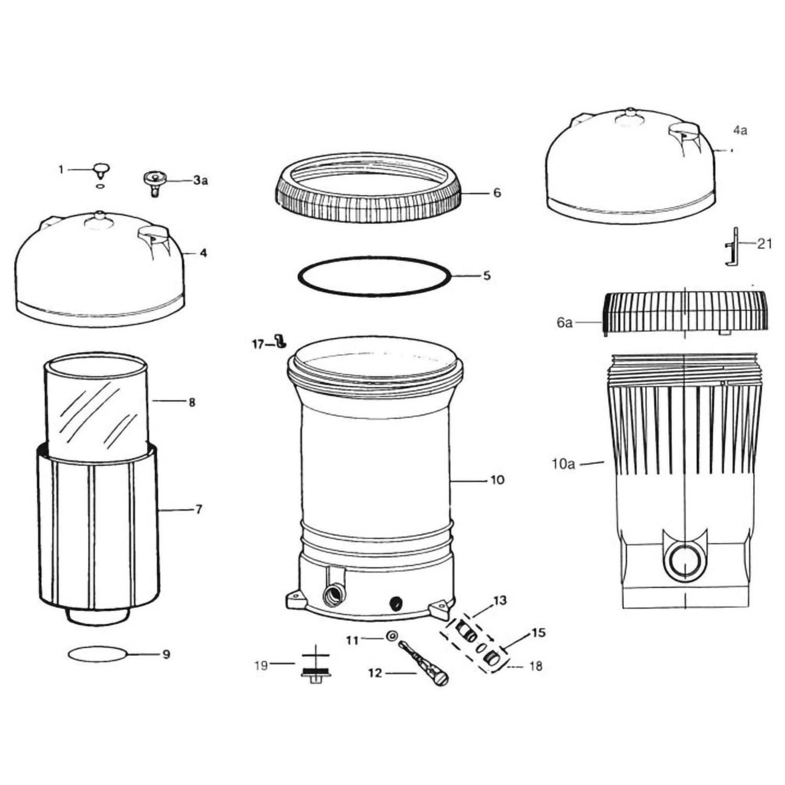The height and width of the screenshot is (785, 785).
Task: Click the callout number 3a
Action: point(200,181)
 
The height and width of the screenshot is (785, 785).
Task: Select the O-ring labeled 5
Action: point(374,275)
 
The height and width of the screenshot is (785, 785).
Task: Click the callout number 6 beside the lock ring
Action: point(497,193)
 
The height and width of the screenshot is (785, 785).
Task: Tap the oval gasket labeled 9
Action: point(98,654)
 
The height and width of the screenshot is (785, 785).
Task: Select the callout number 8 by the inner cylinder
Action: point(192,402)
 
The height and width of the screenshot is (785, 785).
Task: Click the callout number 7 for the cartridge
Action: point(198,509)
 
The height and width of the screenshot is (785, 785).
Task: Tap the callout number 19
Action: point(261,666)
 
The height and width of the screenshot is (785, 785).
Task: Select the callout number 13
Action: point(500,600)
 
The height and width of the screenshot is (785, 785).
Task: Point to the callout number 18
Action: point(535,666)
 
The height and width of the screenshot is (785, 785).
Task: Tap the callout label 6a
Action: point(564,322)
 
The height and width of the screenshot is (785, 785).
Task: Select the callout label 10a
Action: point(563,464)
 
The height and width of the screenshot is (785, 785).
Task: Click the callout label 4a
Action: point(739,130)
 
